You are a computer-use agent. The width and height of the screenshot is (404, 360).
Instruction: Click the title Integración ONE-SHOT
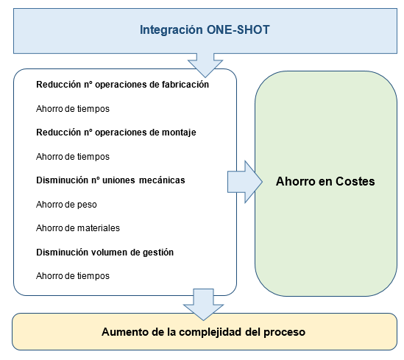205,30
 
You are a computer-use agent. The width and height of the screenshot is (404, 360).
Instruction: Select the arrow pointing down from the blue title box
205,65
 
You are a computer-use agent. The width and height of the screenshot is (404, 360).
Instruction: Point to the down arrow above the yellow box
204,300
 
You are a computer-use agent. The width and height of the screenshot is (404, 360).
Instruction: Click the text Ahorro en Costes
325,181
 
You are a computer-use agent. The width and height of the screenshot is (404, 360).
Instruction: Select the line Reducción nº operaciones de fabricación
122,84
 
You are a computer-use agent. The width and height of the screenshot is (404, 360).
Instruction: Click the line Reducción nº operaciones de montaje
116,133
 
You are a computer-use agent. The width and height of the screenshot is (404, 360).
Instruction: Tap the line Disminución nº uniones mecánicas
110,180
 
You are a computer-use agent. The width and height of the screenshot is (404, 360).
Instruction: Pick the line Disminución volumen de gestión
104,251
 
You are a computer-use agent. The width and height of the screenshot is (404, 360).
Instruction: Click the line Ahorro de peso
67,204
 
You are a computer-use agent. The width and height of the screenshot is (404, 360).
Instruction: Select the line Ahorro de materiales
77,227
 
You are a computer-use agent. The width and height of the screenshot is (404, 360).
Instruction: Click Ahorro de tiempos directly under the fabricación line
72,108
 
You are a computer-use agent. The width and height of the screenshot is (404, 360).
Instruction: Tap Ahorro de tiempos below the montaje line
72,156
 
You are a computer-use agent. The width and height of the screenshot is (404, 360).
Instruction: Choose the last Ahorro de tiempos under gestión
72,275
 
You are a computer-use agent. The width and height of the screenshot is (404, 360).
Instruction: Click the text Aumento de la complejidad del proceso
203,332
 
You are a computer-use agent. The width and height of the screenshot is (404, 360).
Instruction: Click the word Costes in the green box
355,181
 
